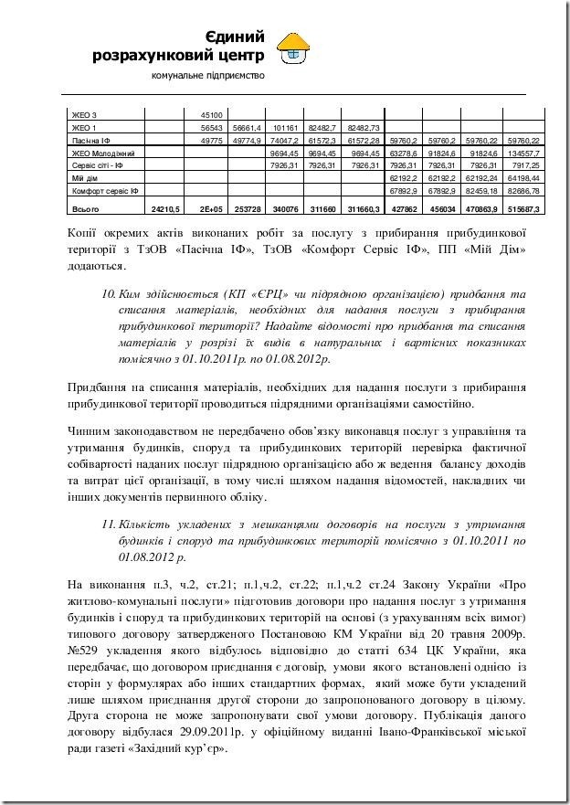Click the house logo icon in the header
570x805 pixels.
tap(293, 49)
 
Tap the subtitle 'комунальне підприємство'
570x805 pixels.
tap(207, 74)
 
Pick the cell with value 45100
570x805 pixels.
tap(212, 115)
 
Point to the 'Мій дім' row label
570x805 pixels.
tap(84, 179)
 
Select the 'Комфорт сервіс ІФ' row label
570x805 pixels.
tap(105, 192)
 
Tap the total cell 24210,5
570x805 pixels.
tap(166, 209)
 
